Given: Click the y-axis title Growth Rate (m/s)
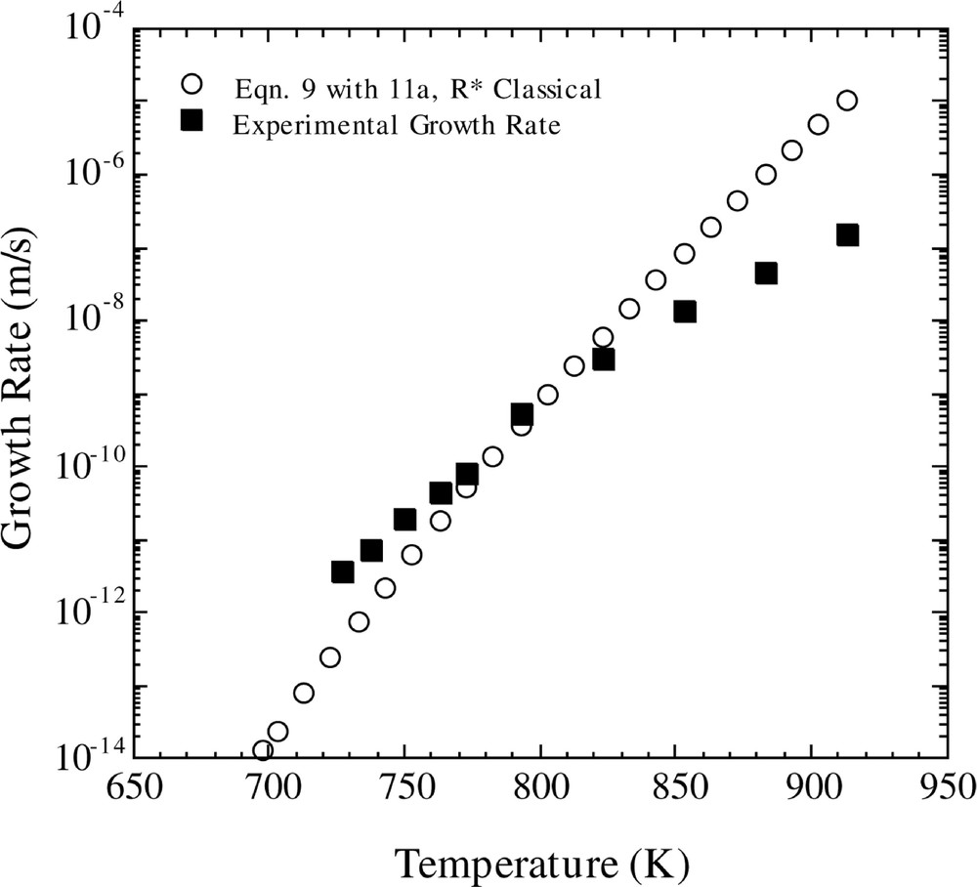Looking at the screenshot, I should (x=29, y=391).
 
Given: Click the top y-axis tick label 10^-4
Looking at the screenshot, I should (x=93, y=27).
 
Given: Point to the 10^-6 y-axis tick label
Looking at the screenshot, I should (x=93, y=173).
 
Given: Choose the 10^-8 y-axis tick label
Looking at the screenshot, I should (x=93, y=319).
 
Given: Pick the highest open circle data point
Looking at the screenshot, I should (x=847, y=101).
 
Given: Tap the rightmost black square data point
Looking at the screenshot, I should (x=847, y=234).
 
